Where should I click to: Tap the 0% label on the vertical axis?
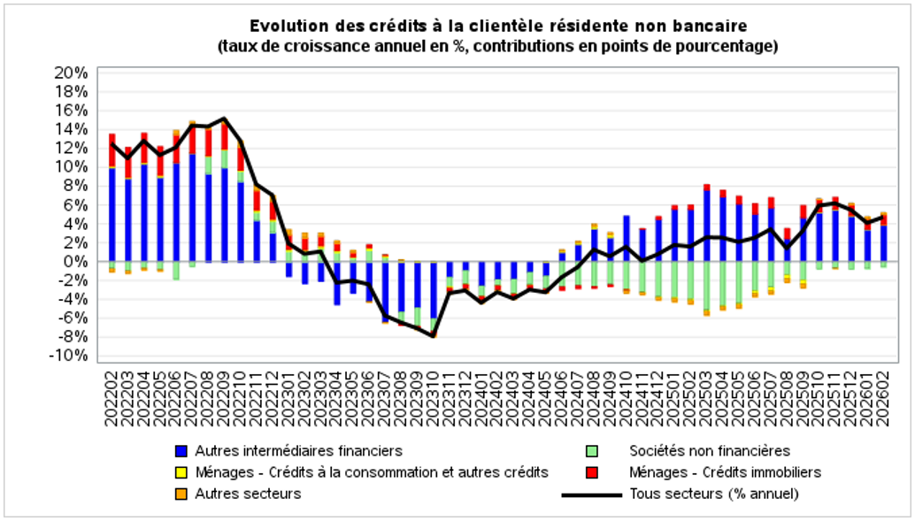76,262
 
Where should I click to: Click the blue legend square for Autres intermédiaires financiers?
182,451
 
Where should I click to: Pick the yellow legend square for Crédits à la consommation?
182,472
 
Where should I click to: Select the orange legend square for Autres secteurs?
182,494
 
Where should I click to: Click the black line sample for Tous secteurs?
592,494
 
